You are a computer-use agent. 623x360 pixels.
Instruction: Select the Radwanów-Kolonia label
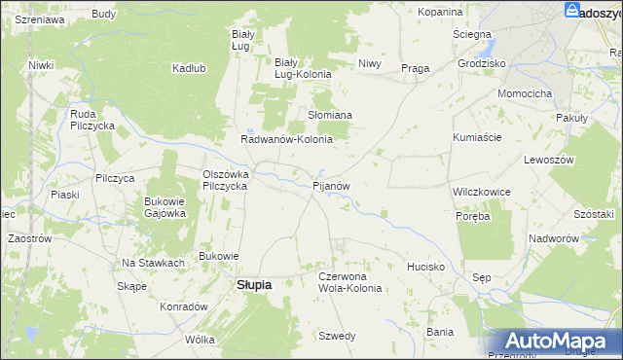pyautogui.click(x=287, y=139)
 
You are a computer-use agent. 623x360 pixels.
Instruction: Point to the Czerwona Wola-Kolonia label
pyautogui.click(x=350, y=282)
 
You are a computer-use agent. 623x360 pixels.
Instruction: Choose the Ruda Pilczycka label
pyautogui.click(x=92, y=120)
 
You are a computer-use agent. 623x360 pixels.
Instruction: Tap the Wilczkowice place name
pyautogui.click(x=482, y=192)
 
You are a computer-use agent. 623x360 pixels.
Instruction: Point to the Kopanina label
pyautogui.click(x=439, y=12)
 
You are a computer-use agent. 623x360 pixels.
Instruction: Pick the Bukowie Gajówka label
pyautogui.click(x=165, y=207)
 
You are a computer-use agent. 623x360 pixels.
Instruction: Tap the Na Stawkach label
pyautogui.click(x=153, y=263)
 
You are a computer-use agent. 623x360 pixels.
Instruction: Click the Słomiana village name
pyautogui.click(x=330, y=114)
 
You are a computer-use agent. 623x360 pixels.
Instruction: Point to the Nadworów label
pyautogui.click(x=554, y=238)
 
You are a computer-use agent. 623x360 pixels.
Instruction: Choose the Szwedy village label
pyautogui.click(x=337, y=336)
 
